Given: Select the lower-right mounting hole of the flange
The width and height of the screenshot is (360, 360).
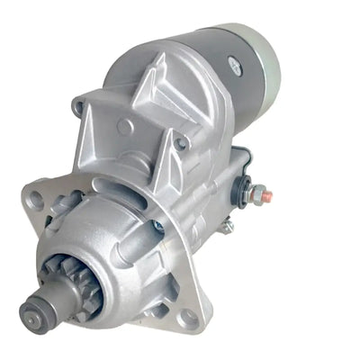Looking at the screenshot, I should (187, 317).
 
